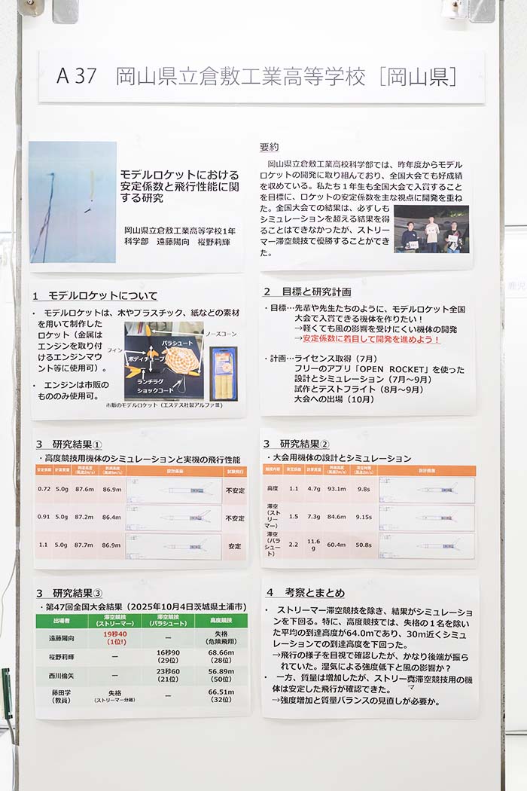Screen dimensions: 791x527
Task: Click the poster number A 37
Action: click(75, 76)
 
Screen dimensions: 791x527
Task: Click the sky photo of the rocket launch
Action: click(72, 202)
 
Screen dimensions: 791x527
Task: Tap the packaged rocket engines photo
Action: click(223, 373)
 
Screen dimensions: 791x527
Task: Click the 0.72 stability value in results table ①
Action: click(44, 489)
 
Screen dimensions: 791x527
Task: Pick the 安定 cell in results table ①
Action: click(234, 546)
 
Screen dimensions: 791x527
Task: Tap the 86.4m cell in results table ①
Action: click(111, 518)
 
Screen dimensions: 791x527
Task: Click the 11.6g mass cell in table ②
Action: click(313, 545)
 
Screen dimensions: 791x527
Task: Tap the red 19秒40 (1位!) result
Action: click(114, 638)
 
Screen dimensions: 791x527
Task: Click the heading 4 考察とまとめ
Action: click(304, 592)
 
